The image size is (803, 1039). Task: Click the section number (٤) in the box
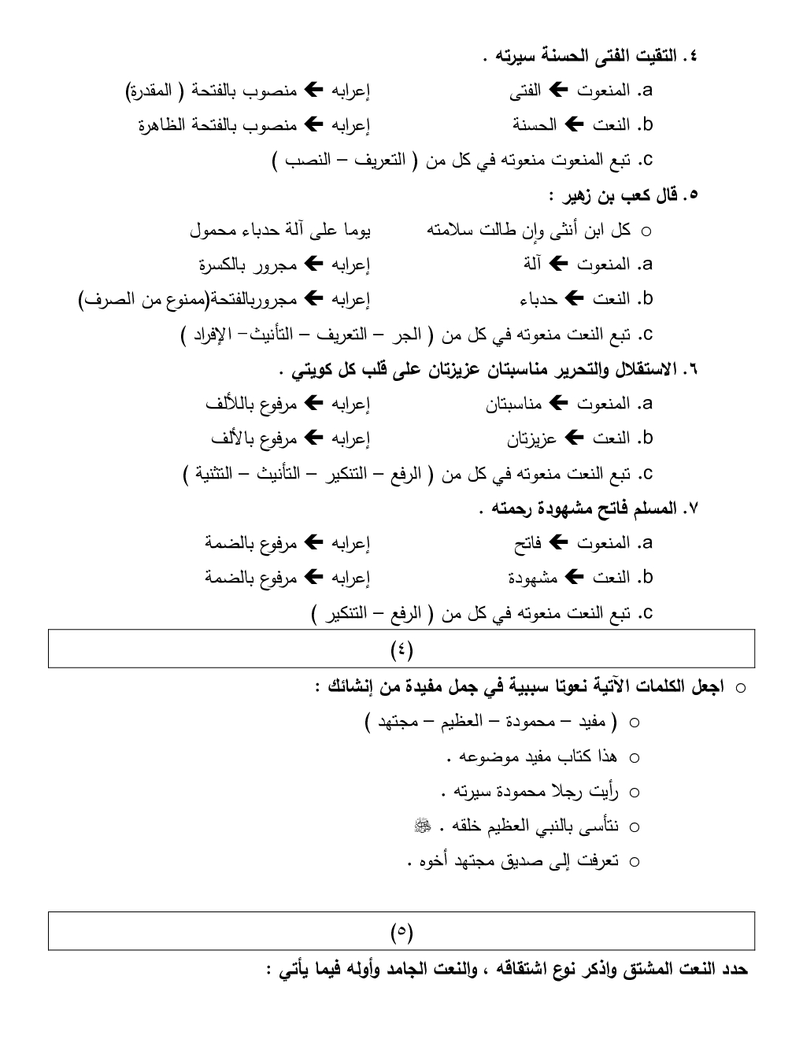pyautogui.click(x=401, y=649)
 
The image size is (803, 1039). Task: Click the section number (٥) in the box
pyautogui.click(x=401, y=932)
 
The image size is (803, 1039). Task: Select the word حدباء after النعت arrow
pyautogui.click(x=538, y=300)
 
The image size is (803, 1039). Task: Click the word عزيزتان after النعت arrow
pyautogui.click(x=531, y=438)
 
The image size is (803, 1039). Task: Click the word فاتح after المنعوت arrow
pyautogui.click(x=527, y=543)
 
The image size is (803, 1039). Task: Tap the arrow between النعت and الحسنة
pyautogui.click(x=575, y=125)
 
